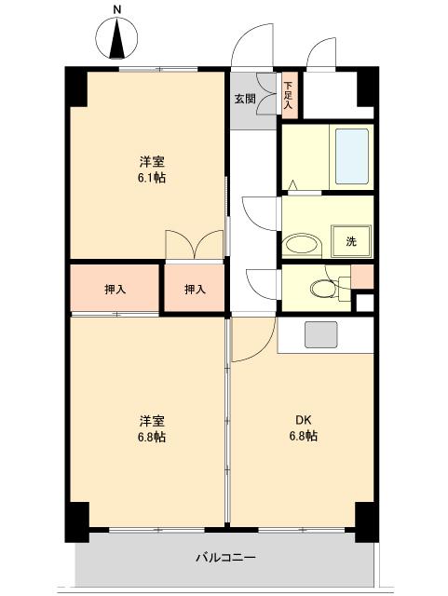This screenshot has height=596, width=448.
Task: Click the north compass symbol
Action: tap(118, 41)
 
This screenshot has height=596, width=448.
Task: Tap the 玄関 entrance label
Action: tap(244, 98)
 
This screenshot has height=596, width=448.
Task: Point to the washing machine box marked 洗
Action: tap(351, 241)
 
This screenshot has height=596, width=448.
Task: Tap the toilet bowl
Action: tap(321, 288)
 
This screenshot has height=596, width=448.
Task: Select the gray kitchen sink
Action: tap(320, 333)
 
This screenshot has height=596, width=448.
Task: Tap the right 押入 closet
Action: tap(195, 290)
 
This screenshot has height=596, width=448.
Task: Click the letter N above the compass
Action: tap(116, 9)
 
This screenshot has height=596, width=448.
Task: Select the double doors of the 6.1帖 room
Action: tap(195, 244)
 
